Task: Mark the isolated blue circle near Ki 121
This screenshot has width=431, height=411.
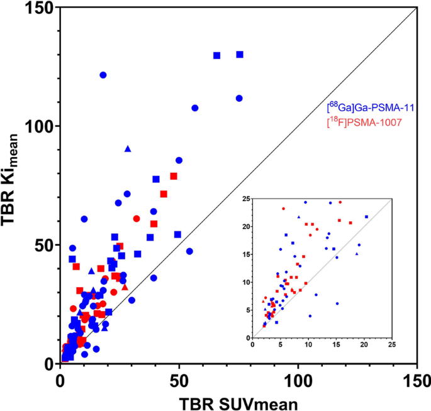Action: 103,75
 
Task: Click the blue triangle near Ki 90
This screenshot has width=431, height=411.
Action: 128,148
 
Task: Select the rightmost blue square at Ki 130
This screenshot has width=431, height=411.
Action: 240,55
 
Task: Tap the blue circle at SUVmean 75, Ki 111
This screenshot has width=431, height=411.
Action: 239,98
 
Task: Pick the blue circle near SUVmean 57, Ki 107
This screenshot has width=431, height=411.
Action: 195,108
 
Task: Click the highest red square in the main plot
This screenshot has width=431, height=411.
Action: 174,176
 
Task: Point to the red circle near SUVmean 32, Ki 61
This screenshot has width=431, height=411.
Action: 137,219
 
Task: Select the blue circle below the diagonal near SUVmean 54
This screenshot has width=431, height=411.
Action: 189,251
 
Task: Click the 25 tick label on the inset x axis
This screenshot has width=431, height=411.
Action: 392,344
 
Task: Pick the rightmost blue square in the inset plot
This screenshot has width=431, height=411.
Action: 367,217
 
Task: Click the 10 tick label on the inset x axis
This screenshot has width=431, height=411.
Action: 308,344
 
